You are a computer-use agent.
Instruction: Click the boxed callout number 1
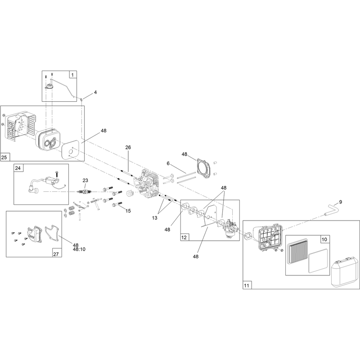pos(72,75)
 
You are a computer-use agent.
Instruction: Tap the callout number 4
pos(95,92)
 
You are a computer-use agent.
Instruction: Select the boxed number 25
pos(4,157)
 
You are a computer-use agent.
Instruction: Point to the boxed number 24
pos(18,168)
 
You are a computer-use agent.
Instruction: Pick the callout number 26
pos(128,147)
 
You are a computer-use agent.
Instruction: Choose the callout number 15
pos(128,211)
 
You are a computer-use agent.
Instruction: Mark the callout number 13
pos(154,218)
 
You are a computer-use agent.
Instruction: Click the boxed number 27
pos(56,254)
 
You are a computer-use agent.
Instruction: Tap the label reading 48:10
pos(79,249)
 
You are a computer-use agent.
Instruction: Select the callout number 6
pos(168,163)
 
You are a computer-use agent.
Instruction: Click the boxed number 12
pos(184,238)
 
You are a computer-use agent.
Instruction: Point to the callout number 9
pos(341,202)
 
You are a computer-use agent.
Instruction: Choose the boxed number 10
pos(324,240)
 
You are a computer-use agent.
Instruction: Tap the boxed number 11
pos(246,286)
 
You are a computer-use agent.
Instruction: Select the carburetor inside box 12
pos(231,228)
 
